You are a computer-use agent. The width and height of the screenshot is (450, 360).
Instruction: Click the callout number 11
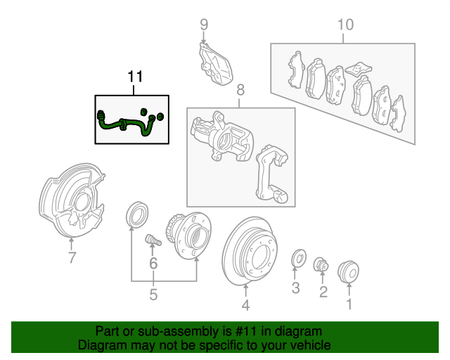[x=134, y=76]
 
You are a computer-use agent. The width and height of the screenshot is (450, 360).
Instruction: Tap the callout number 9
[x=204, y=25]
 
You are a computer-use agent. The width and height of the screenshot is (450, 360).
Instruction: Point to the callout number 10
[x=345, y=25]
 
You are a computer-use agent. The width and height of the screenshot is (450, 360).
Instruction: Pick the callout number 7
[x=71, y=258]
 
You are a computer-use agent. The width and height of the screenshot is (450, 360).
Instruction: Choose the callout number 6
[x=153, y=264]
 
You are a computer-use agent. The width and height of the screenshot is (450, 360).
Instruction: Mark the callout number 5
[x=153, y=295]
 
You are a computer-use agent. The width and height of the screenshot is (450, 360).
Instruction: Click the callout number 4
[x=245, y=304]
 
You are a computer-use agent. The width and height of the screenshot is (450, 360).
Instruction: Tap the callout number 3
[x=296, y=288]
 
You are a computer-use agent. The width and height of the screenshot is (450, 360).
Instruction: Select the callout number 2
[x=323, y=291]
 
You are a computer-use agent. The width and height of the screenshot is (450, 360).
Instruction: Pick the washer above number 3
[x=297, y=259]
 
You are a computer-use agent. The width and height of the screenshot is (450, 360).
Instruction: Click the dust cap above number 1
[x=349, y=271]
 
